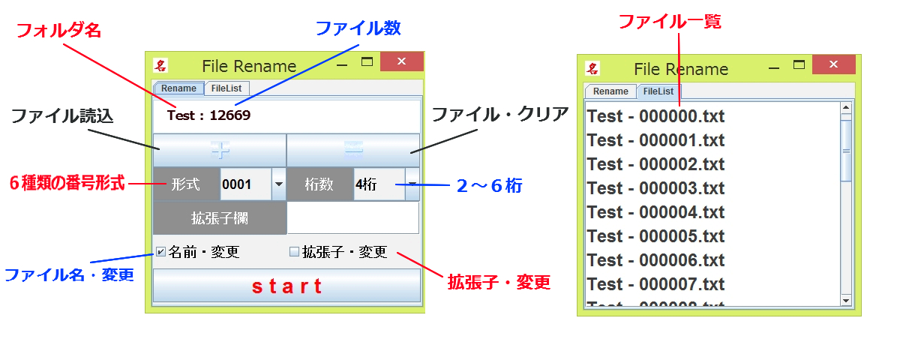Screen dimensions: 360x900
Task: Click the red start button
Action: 286,286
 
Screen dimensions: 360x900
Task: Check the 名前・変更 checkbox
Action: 160,252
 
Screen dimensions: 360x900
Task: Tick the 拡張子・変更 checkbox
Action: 295,252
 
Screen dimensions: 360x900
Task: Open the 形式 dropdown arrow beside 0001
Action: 278,184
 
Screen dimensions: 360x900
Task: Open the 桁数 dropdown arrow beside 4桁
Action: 412,184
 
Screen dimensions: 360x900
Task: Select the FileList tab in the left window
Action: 227,88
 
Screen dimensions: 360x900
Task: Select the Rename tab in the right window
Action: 610,91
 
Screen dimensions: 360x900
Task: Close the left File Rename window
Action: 401,62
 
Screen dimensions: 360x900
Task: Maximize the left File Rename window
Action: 367,62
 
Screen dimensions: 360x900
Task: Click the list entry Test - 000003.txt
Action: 655,188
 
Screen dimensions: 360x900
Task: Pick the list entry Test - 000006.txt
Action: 655,260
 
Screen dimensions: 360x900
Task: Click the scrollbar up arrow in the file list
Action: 846,108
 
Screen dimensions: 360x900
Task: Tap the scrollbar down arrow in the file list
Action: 846,300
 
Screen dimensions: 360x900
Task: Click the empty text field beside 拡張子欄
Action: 352,218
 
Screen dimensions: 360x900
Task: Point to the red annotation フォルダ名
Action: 58,31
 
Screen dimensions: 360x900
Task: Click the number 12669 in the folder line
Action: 229,115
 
